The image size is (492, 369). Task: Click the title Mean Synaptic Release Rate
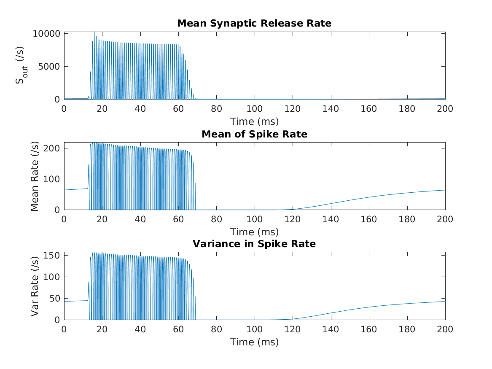click(254, 24)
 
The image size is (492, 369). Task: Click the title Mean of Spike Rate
click(254, 134)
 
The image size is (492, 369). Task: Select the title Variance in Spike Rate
click(254, 244)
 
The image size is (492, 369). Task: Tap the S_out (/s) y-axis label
click(20, 66)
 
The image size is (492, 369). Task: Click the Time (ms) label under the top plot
click(254, 122)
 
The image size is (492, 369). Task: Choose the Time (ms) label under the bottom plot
click(254, 342)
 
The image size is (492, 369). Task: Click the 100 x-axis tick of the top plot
click(254, 108)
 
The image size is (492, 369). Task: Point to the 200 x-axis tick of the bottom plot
click(445, 329)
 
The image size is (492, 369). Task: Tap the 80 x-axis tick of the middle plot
click(216, 219)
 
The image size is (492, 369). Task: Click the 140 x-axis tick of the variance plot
click(331, 329)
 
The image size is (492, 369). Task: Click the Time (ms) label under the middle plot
click(254, 232)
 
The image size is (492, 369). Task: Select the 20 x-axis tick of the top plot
click(102, 108)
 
